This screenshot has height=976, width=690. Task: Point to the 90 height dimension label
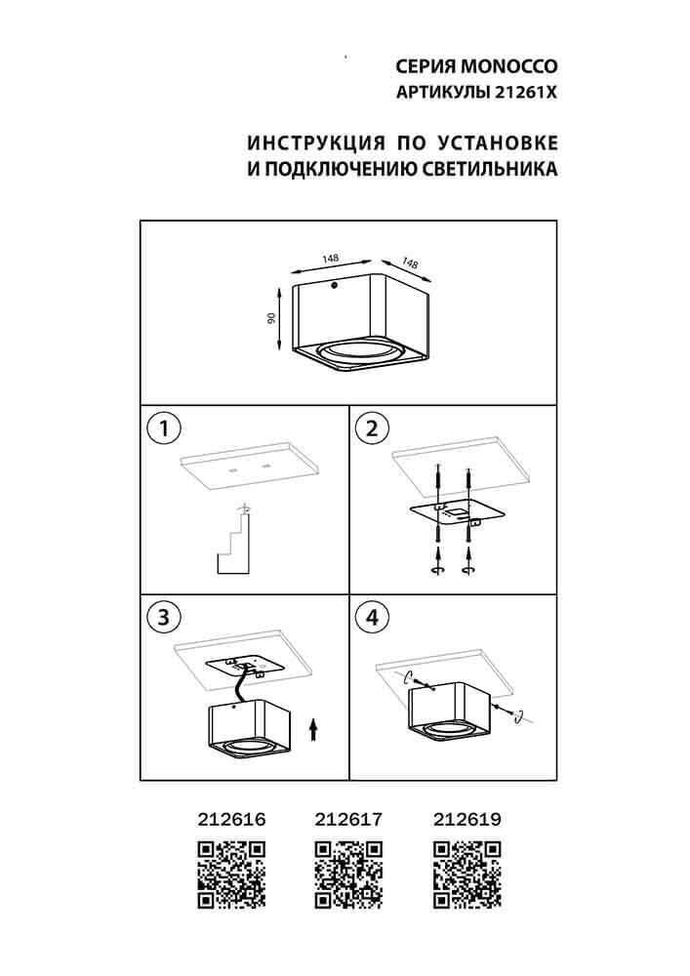point(273,317)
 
